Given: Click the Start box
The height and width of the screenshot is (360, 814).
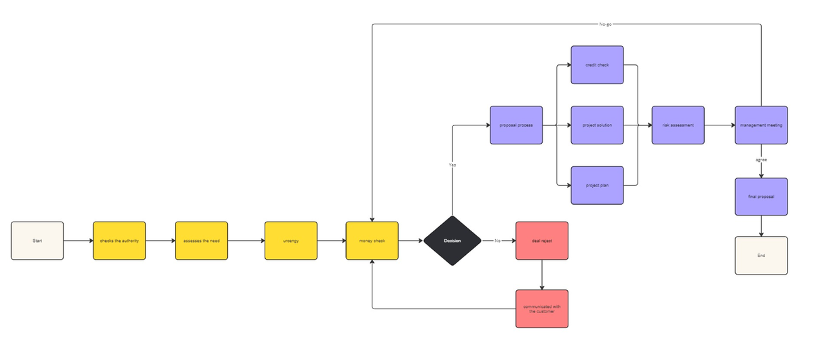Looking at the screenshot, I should (x=37, y=241).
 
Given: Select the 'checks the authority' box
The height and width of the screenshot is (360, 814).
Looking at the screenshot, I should (x=119, y=241).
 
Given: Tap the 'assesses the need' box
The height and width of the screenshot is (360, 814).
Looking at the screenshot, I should (x=201, y=241).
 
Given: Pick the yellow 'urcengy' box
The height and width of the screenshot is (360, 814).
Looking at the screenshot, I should (x=290, y=241).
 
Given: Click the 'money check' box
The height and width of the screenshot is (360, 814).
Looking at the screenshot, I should (x=372, y=241).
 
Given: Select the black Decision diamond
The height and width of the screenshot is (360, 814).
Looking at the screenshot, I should (x=452, y=241).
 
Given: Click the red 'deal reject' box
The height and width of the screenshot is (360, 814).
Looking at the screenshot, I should (x=542, y=241).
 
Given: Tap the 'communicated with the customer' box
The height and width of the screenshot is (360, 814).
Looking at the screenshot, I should (x=542, y=309).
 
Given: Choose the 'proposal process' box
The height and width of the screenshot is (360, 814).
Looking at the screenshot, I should (x=516, y=125).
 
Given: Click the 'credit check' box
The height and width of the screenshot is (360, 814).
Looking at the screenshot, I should (x=597, y=65).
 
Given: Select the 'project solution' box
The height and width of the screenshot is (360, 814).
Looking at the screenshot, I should (x=597, y=125).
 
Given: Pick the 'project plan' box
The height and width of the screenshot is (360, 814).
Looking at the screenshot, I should (x=597, y=185).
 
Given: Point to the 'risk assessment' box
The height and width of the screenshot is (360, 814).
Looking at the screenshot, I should (x=678, y=125).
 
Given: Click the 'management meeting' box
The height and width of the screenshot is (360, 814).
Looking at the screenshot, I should (x=761, y=125).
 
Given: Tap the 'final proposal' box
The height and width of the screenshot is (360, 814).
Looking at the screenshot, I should (x=761, y=197).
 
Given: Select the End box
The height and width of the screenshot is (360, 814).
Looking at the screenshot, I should (x=761, y=256).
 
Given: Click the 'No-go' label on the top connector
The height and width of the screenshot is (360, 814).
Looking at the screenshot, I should (x=606, y=24).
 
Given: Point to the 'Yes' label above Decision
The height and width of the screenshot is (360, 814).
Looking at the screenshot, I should (x=452, y=165).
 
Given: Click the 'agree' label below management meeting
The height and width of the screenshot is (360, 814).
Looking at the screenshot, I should (x=761, y=159).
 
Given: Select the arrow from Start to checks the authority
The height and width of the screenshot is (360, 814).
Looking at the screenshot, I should (x=78, y=241).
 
